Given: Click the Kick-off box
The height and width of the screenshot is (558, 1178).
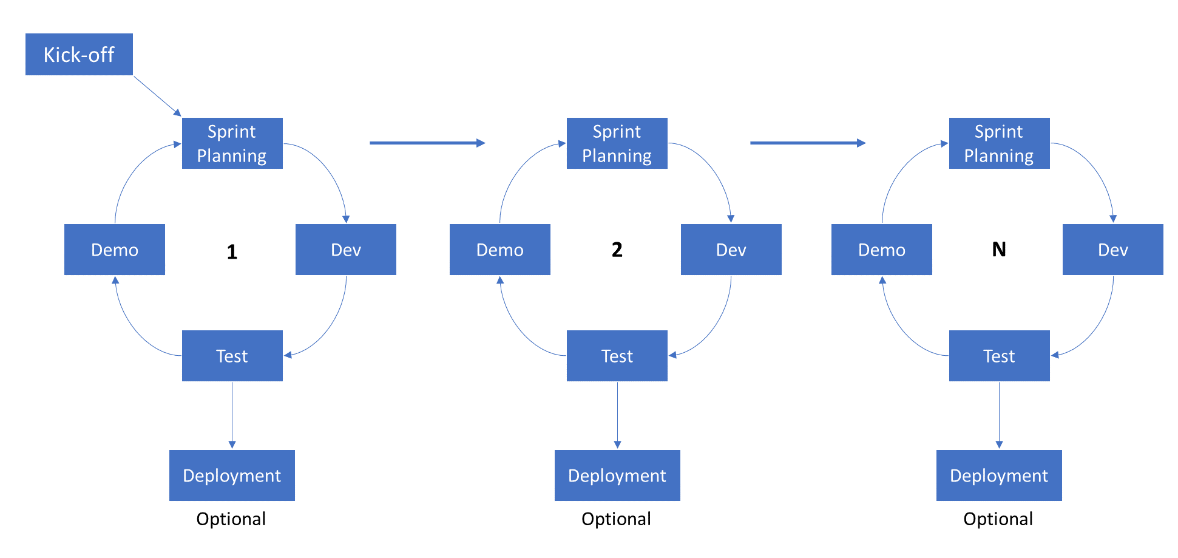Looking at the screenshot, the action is click(x=79, y=55).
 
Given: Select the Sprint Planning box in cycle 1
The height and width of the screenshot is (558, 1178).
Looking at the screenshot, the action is click(x=232, y=143).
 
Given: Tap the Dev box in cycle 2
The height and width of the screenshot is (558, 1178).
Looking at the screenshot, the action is click(x=731, y=250).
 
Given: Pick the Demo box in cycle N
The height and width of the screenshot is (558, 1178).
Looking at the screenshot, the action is click(x=882, y=250).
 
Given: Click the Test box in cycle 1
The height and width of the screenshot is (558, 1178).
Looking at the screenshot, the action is click(x=232, y=356).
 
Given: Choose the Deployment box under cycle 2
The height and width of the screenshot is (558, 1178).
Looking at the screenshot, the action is click(x=617, y=475).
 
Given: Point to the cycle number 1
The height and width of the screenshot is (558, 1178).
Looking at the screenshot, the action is click(x=232, y=252).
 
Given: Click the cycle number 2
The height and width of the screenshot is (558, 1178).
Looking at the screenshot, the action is click(x=617, y=250).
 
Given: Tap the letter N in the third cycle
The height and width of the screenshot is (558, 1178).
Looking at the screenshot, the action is click(x=999, y=250).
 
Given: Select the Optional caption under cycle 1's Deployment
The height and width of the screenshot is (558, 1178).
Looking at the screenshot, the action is click(x=231, y=519).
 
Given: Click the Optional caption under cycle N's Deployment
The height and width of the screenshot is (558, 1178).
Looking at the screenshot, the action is click(x=998, y=519).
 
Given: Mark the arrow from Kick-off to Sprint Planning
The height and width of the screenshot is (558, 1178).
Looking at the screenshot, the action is click(x=157, y=96).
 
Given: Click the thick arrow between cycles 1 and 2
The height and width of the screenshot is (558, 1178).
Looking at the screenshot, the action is click(x=427, y=143).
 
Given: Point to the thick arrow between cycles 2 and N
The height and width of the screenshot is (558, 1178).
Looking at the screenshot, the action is click(x=808, y=143).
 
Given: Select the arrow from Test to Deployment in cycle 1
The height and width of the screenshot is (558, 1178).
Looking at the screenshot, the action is click(x=232, y=415).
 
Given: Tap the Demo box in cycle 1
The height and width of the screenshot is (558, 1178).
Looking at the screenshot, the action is click(x=115, y=250).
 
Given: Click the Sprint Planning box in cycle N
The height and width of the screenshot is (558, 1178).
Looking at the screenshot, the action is click(x=1000, y=143).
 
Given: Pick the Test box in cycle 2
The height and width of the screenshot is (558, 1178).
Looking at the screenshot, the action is click(x=617, y=356).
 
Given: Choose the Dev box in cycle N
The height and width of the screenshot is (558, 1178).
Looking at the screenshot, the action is click(x=1113, y=250).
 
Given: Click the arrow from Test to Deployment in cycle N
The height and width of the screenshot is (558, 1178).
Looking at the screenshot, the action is click(x=999, y=415).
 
